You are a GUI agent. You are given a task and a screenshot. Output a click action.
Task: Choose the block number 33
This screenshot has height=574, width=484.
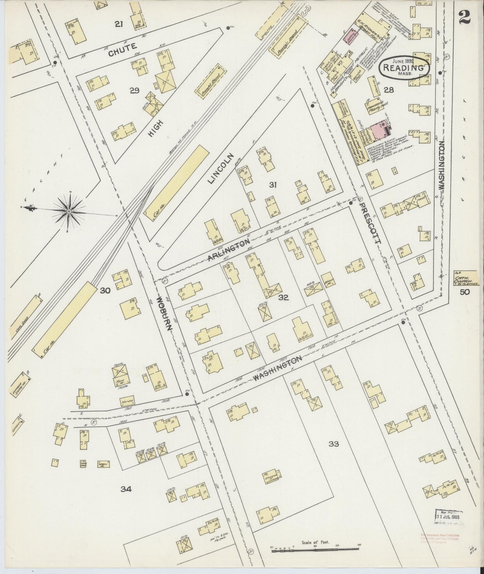pyautogui.click(x=334, y=444)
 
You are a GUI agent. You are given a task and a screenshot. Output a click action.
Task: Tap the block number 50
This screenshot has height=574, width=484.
pyautogui.click(x=465, y=292)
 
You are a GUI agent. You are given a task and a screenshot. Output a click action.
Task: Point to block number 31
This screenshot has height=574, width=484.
pyautogui.click(x=273, y=185)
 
